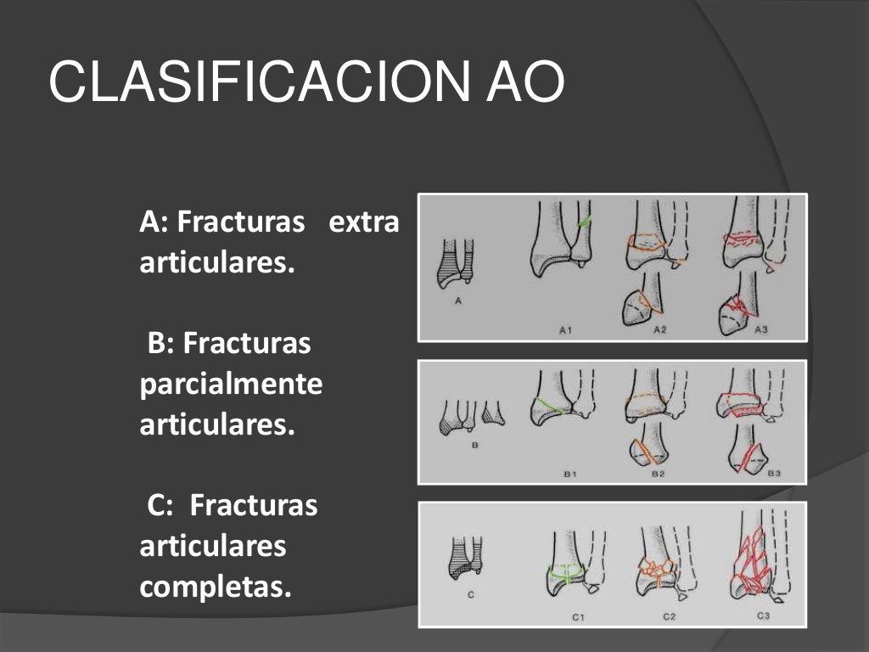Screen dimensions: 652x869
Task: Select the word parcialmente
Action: point(231,385)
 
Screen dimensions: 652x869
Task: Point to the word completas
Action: point(215,587)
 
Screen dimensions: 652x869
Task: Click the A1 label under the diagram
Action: point(565,329)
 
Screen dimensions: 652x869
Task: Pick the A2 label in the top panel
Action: point(659,329)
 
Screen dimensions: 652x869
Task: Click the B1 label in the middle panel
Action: point(570,475)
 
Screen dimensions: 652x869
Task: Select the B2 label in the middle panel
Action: point(658,475)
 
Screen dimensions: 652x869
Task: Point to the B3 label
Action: point(773,475)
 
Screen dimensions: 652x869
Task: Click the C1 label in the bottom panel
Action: point(577,617)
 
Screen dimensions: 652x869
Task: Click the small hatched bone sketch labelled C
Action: point(465,558)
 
